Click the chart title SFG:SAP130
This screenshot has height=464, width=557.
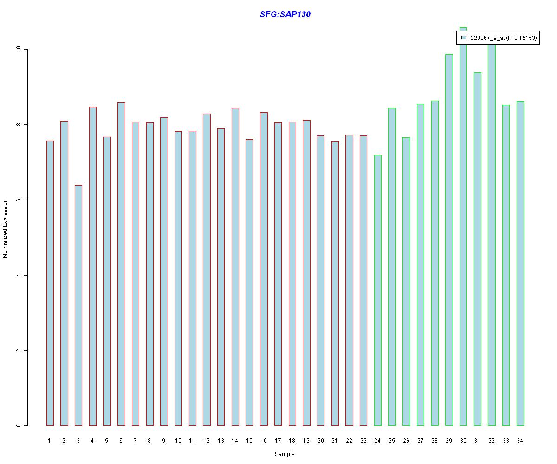(285, 14)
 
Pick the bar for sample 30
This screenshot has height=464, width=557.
(463, 232)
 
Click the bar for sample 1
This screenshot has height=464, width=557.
(50, 283)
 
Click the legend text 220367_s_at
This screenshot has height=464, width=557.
(487, 38)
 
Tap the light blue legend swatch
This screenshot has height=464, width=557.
(463, 38)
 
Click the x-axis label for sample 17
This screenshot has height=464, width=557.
(278, 441)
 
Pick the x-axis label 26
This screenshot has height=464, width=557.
(406, 441)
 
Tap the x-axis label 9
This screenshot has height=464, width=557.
(163, 441)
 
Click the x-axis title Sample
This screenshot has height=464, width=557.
(285, 454)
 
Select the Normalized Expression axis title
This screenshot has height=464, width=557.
(6, 228)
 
